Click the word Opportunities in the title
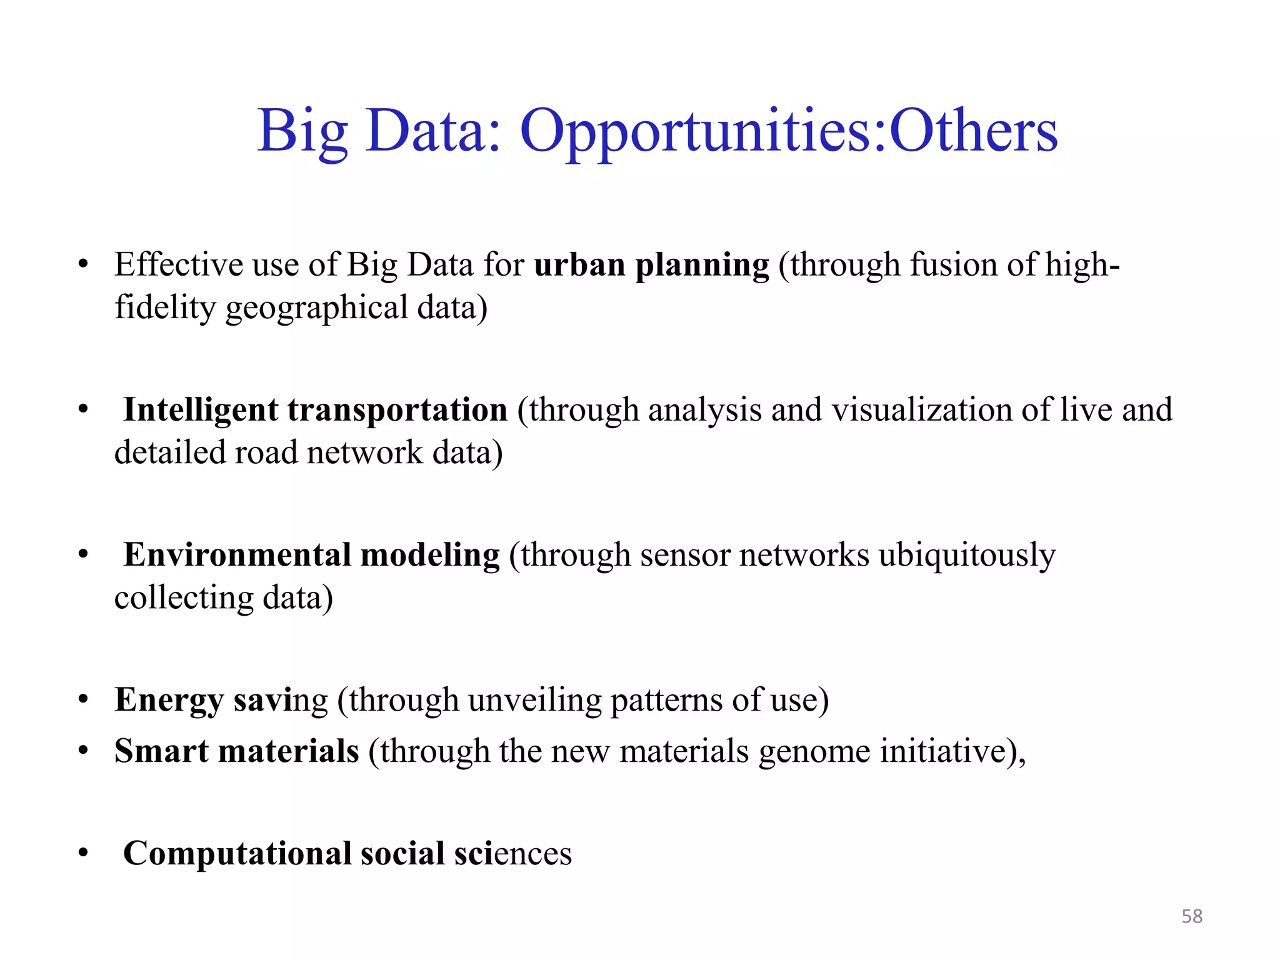pos(702,132)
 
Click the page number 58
pos(1192,916)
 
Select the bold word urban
pos(579,264)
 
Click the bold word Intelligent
pos(200,411)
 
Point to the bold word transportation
pos(397,411)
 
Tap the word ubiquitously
pos(967,556)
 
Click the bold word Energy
pos(169,700)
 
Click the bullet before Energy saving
pos(83,700)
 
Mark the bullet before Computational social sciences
pos(83,853)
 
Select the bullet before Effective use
pos(83,264)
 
